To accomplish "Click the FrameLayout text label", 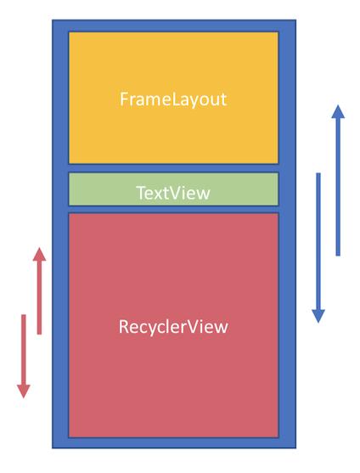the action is [x=173, y=99].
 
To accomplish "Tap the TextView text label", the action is [x=173, y=193].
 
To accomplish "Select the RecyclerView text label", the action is [x=173, y=327].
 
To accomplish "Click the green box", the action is [x=173, y=189].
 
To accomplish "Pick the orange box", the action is [x=173, y=98].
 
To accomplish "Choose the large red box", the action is [x=173, y=325].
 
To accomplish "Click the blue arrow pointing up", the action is [x=338, y=180].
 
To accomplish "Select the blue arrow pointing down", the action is [x=318, y=248].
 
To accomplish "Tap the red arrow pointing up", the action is [x=39, y=290].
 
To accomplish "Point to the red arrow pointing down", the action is [x=24, y=357].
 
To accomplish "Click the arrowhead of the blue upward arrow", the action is [x=338, y=111].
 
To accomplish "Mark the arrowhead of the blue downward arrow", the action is [x=318, y=317].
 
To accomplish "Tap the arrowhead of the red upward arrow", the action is [x=39, y=254].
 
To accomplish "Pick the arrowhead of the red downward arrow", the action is [x=24, y=391].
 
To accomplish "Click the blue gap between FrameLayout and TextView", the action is [x=173, y=168].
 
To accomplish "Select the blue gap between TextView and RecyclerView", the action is [x=173, y=210].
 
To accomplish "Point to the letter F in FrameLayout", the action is [x=124, y=99].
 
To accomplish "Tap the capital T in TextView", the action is [x=142, y=193].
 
